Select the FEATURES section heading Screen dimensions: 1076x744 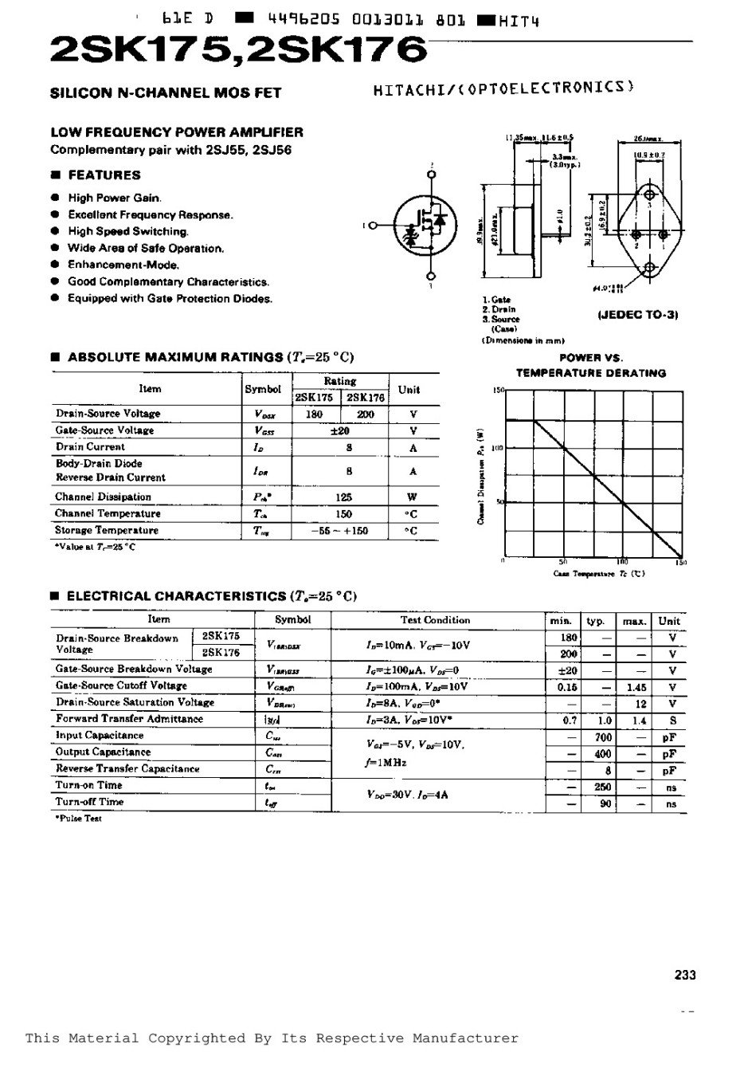click(104, 175)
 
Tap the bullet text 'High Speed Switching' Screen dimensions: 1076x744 click(128, 231)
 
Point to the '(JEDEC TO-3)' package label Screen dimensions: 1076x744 click(637, 315)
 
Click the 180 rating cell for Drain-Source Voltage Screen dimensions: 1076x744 click(314, 414)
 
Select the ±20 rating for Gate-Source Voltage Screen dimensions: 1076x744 click(340, 430)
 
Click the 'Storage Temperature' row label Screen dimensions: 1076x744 click(107, 530)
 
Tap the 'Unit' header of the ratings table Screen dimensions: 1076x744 click(409, 389)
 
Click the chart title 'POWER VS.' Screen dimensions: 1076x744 click(591, 358)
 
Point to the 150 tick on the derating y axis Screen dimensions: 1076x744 click(499, 391)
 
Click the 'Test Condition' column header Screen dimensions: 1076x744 click(435, 620)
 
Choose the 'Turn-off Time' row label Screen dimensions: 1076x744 click(89, 802)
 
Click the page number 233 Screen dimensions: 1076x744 click(685, 974)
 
